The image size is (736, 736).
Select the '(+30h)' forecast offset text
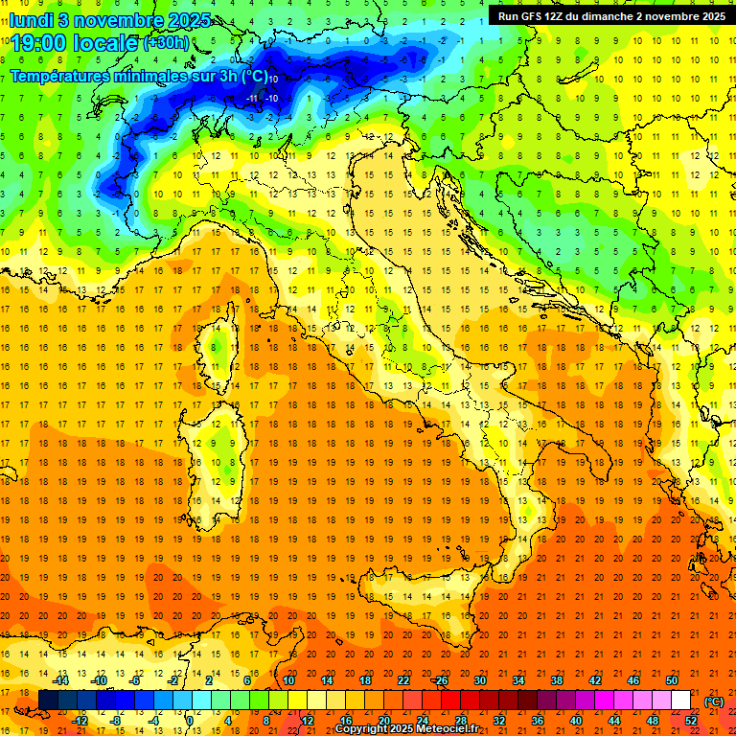166,43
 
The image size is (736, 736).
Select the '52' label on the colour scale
691,720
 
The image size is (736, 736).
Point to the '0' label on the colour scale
190,720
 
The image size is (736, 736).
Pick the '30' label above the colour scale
479,680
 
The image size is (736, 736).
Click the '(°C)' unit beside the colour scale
714,701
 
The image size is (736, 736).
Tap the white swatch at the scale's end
680,701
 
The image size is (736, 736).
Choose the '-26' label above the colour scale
440,680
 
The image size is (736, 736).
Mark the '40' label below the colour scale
575,720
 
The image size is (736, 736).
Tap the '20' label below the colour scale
382,720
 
